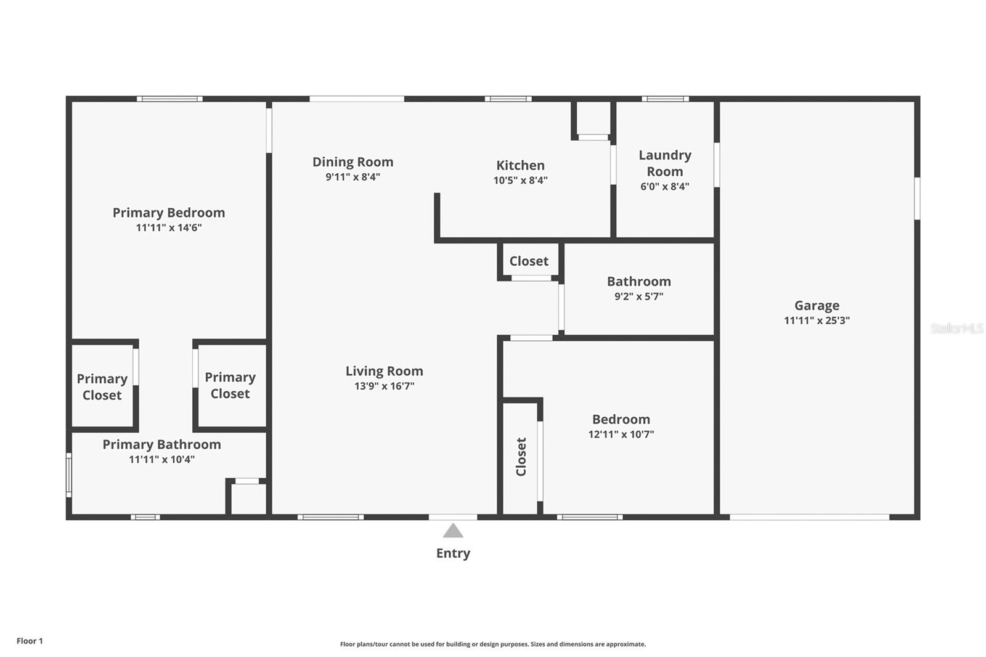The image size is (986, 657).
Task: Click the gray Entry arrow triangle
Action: click(x=453, y=531)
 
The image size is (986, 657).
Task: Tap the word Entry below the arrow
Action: click(x=453, y=553)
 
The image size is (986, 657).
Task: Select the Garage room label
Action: click(x=817, y=306)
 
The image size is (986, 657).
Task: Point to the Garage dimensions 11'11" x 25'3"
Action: click(x=817, y=320)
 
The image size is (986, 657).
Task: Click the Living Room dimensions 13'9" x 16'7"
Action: click(x=385, y=386)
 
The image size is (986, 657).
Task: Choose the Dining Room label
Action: click(x=352, y=162)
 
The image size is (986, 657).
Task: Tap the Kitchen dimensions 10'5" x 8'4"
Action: click(x=520, y=180)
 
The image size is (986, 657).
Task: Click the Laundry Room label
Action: click(x=665, y=163)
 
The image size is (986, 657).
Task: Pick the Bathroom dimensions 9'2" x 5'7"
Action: click(x=638, y=296)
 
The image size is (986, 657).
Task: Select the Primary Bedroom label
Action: click(x=169, y=213)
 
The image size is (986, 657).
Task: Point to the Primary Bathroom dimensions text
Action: click(x=161, y=459)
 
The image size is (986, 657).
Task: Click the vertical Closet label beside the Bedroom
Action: click(x=521, y=457)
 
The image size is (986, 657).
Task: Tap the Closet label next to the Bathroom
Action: click(x=529, y=261)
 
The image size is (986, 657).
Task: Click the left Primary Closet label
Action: click(x=102, y=387)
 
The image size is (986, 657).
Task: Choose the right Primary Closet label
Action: click(x=230, y=385)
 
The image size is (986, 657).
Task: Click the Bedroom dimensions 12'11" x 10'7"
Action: click(x=621, y=434)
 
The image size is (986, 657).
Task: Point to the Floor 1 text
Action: click(x=30, y=641)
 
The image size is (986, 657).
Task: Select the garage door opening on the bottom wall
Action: click(x=810, y=517)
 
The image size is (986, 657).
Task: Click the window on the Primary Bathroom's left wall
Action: click(x=68, y=475)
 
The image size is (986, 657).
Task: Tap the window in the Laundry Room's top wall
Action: click(x=665, y=99)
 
